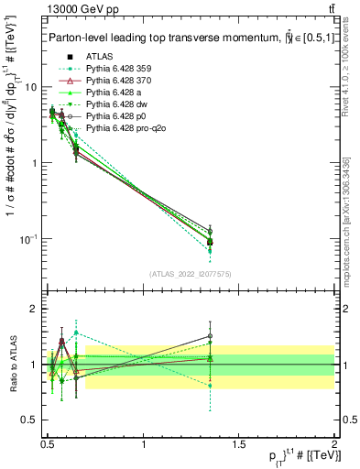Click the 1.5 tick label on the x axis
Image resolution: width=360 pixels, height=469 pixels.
(239, 442)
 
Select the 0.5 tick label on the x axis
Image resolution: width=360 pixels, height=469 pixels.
(48, 442)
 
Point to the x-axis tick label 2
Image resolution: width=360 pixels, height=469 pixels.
(334, 442)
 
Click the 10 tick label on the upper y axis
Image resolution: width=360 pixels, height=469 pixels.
(30, 87)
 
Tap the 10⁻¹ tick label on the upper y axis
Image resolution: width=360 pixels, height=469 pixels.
(27, 239)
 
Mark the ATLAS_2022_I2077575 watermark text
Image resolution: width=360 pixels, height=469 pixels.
(191, 273)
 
